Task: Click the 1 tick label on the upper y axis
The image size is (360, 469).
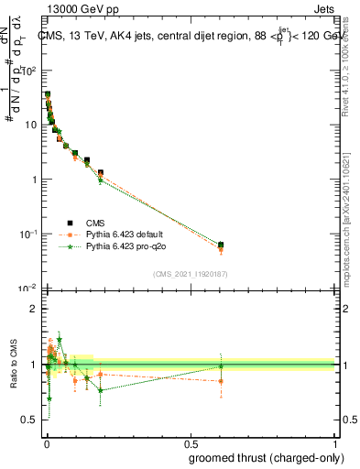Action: pos(35,180)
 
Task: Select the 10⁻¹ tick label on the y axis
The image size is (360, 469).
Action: pos(28,234)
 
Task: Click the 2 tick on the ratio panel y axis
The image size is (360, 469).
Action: pos(35,309)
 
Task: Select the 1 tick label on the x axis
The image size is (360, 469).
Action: pos(336,443)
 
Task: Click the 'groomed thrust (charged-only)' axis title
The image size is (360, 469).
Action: pos(267,459)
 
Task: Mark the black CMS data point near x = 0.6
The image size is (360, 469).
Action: pos(221,245)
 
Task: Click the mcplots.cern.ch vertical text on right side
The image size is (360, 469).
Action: pos(349,229)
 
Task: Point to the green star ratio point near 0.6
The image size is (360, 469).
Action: pos(221,366)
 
